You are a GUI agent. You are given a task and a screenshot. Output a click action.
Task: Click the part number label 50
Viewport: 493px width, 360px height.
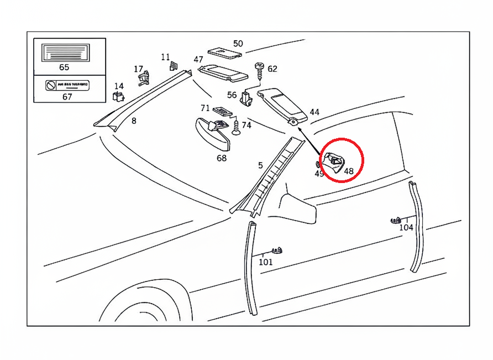(x=238, y=44)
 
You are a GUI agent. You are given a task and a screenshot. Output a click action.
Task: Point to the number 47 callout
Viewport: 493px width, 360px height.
(x=198, y=60)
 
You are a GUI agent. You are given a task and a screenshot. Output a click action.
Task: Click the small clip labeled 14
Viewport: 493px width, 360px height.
(x=117, y=97)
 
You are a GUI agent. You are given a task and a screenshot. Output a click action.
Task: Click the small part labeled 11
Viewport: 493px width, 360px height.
(x=172, y=66)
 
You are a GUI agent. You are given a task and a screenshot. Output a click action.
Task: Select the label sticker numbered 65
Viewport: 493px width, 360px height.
(x=64, y=54)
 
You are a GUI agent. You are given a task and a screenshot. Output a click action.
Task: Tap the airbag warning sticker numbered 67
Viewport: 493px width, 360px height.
(x=67, y=86)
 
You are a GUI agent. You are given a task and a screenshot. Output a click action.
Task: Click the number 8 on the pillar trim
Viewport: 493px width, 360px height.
(x=134, y=121)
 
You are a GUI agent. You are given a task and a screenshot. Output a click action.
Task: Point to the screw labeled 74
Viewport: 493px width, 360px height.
(x=237, y=129)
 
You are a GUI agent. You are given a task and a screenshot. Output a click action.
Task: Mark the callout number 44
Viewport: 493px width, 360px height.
(x=314, y=112)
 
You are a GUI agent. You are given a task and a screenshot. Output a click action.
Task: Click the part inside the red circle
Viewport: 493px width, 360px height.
(x=335, y=162)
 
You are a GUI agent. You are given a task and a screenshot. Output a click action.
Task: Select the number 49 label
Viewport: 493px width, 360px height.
(x=319, y=174)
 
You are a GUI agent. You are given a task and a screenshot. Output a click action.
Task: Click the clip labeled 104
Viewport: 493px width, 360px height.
(x=395, y=220)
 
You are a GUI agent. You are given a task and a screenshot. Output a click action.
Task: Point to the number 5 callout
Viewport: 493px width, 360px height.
(x=260, y=165)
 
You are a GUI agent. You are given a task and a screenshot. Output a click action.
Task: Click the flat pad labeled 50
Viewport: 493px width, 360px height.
(x=224, y=53)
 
